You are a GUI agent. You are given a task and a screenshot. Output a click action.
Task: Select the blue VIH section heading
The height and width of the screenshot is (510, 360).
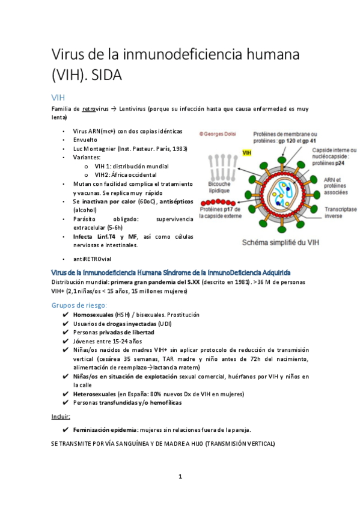click(x=58, y=97)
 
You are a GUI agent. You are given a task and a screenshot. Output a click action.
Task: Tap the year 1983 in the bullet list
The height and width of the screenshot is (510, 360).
click(x=178, y=149)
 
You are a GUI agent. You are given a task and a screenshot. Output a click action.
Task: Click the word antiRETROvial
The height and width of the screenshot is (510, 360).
click(x=92, y=259)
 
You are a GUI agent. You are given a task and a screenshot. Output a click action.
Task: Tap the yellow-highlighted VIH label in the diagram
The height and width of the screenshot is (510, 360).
click(x=246, y=154)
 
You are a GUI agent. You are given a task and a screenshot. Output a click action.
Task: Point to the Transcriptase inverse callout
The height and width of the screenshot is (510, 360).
click(x=341, y=214)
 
